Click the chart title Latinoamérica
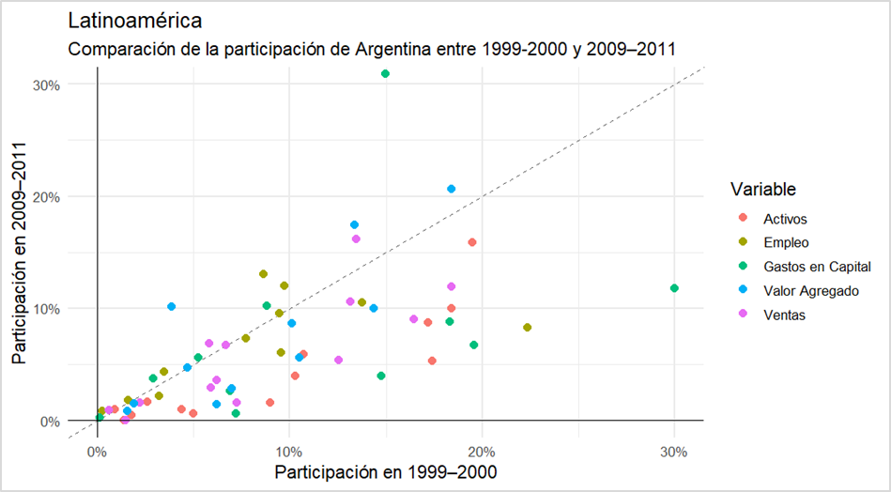pyautogui.click(x=135, y=20)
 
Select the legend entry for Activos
pyautogui.click(x=786, y=219)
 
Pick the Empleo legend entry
pyautogui.click(x=786, y=243)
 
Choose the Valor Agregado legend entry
pyautogui.click(x=810, y=291)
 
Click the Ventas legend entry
pyautogui.click(x=784, y=315)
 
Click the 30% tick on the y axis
pyautogui.click(x=46, y=85)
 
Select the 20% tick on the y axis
pyautogui.click(x=46, y=197)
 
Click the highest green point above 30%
pyautogui.click(x=385, y=73)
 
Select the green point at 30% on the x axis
pyautogui.click(x=674, y=288)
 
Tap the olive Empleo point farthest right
pyautogui.click(x=528, y=328)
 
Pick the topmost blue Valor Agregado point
pyautogui.click(x=452, y=189)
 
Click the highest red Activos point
pyautogui.click(x=472, y=242)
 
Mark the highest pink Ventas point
pyautogui.click(x=356, y=239)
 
